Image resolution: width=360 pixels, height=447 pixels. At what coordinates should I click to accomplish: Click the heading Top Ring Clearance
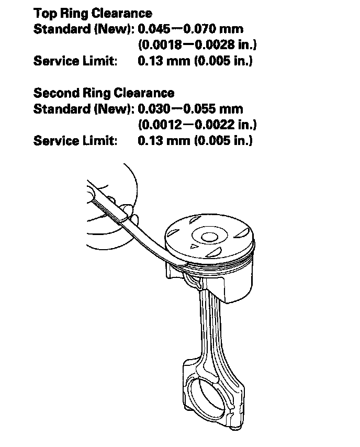(93, 13)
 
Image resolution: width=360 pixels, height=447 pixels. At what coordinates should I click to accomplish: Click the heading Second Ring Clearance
(104, 93)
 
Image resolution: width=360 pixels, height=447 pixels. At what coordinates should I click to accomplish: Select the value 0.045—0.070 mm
(190, 29)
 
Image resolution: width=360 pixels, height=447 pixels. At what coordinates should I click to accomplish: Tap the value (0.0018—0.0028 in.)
(197, 45)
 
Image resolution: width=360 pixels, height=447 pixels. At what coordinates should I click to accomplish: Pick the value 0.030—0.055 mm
(190, 109)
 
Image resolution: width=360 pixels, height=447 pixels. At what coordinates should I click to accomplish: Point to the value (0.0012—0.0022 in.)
(197, 125)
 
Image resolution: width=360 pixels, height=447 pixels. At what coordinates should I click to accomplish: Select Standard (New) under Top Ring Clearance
(84, 29)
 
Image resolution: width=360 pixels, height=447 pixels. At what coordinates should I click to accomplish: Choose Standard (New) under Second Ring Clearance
(84, 109)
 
